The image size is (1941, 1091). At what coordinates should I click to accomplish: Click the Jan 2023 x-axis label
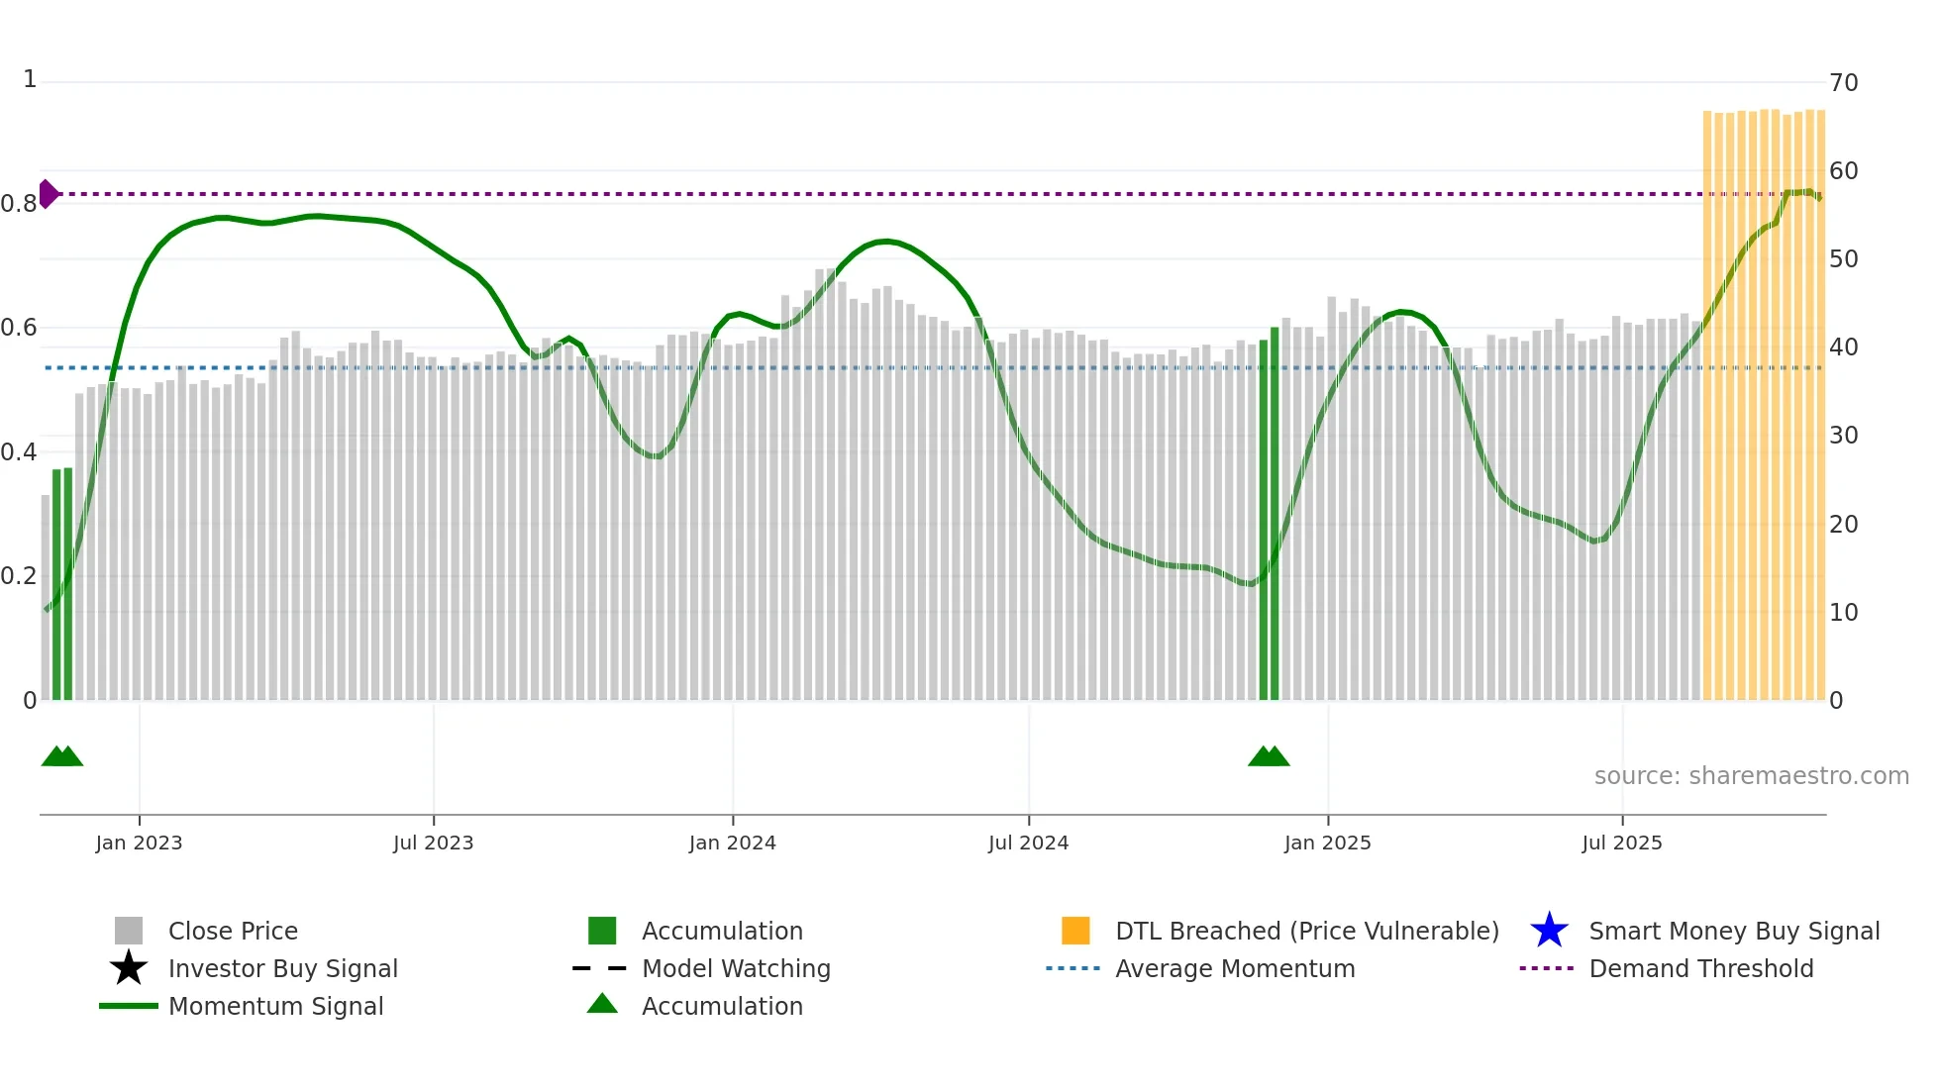pos(139,843)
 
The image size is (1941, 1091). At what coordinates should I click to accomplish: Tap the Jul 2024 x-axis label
pos(1028,843)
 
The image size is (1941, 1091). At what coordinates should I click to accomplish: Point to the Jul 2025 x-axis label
pos(1621,843)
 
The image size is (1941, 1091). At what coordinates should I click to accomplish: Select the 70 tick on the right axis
pos(1843,83)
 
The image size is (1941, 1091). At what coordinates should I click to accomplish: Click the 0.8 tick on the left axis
pos(19,204)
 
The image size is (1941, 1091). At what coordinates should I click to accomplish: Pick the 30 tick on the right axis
pos(1843,436)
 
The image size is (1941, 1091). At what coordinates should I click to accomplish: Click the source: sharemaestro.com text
pos(1751,776)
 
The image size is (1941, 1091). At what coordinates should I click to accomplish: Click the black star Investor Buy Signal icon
pos(129,968)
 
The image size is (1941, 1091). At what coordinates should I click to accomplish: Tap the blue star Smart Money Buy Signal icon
pos(1549,931)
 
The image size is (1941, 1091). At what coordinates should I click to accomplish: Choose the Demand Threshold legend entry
pos(1700,968)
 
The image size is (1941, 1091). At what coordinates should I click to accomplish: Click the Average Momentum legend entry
pos(1234,968)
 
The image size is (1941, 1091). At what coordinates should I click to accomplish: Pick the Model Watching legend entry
pos(736,968)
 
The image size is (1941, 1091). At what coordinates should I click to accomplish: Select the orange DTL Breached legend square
pos(1075,931)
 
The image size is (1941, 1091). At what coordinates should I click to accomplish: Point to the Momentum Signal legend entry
pos(275,1006)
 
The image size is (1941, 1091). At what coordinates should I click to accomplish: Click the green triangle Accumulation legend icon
pos(602,1004)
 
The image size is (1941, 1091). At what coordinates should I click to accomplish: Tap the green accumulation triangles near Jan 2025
pos(1269,756)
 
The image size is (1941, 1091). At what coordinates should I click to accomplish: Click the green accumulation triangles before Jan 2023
pos(62,756)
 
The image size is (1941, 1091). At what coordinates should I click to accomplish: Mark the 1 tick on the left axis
pos(30,79)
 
